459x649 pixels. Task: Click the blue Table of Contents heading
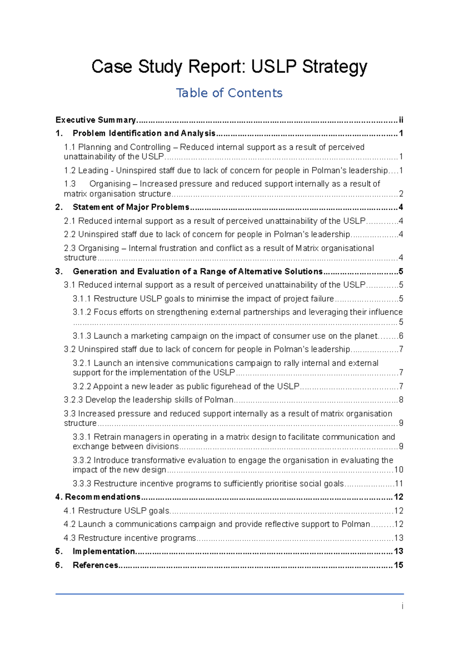coord(229,93)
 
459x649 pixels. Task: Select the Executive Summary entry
coord(96,120)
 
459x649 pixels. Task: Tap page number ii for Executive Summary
coord(401,120)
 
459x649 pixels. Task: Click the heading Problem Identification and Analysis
coord(144,133)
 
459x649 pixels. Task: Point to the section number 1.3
coord(70,184)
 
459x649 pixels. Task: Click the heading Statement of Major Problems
coord(131,207)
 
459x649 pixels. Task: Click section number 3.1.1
coord(81,299)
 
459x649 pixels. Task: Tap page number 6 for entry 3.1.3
coord(401,336)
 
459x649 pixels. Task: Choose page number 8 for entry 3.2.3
coord(401,400)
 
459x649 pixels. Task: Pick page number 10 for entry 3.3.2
coord(399,470)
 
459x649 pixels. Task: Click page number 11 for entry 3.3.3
coord(399,484)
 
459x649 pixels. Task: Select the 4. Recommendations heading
coord(98,497)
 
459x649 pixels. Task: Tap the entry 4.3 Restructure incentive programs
coord(130,538)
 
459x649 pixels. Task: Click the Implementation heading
coord(104,551)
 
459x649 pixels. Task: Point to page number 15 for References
coord(399,565)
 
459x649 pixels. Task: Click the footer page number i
coord(402,606)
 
